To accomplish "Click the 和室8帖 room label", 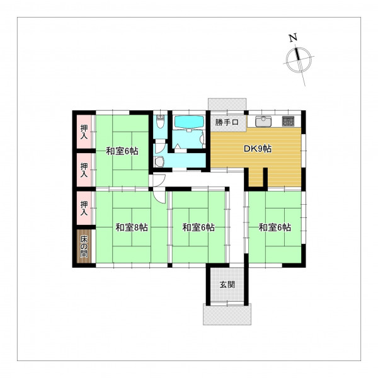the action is [132, 227].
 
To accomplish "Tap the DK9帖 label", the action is [258, 149].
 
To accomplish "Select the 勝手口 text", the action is [227, 122].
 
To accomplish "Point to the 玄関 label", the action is [227, 285].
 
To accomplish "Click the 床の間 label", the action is [84, 246].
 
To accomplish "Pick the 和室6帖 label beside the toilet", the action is [122, 151].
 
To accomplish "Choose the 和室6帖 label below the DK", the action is [275, 227].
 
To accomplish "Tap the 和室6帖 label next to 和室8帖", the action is [198, 227].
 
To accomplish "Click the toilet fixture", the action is [160, 122].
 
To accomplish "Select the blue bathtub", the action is [189, 122].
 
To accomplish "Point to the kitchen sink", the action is [263, 121].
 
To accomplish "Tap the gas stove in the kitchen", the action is [289, 121].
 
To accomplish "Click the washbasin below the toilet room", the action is [159, 162].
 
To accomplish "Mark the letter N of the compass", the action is [293, 38].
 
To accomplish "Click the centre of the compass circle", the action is [299, 60].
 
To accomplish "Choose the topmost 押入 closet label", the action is [84, 132].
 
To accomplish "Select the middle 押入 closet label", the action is [84, 169].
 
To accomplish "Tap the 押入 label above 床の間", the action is [84, 208].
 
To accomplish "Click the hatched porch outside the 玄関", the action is [227, 314].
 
